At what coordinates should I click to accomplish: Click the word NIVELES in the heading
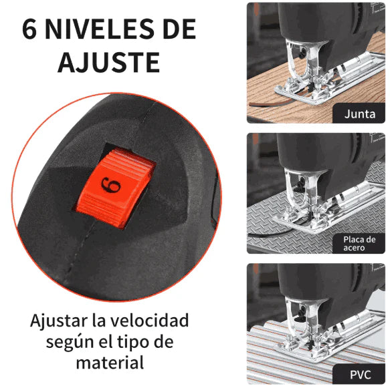pos(99,29)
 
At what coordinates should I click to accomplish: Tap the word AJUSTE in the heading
pos(108,62)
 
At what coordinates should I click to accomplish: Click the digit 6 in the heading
pos(29,29)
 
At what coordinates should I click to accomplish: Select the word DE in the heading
pos(179,29)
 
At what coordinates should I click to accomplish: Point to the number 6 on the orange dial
pos(110,185)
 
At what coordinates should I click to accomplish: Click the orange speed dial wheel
pos(115,188)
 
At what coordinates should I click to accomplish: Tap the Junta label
pos(360,114)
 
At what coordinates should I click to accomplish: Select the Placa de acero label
pos(359,244)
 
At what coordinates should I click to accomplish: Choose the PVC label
pos(361,375)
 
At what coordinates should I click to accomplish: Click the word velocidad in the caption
pos(149,320)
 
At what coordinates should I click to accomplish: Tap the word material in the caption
pos(110,363)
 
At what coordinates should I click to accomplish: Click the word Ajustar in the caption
pos(59,321)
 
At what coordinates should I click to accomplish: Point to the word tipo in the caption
pos(133,341)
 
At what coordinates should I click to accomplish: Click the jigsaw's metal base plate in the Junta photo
pos(331,79)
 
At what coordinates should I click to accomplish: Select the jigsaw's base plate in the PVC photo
pos(332,339)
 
